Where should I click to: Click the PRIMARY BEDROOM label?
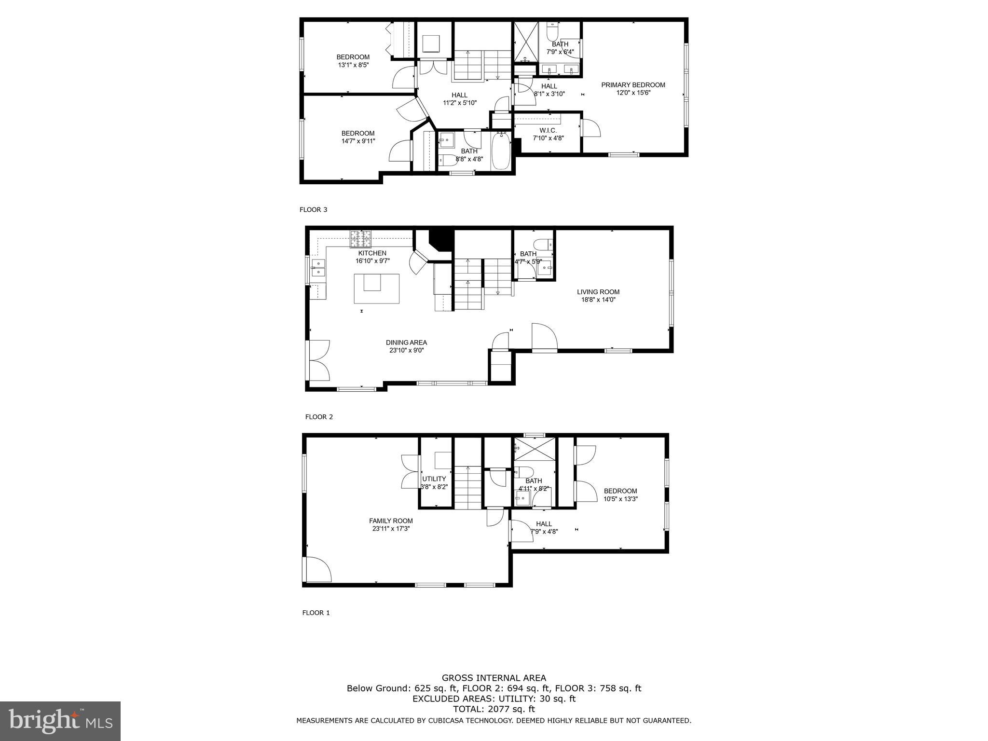pos(633,85)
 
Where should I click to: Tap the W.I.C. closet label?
pos(548,130)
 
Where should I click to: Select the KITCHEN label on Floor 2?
pos(372,253)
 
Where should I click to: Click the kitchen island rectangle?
pos(376,288)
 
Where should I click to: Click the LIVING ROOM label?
pos(598,291)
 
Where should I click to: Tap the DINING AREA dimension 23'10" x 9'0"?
pos(406,351)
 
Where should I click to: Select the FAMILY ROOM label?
pos(391,521)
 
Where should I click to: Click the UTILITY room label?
pos(434,479)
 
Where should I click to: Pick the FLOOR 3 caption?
pos(313,209)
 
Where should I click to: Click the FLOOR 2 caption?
pos(319,417)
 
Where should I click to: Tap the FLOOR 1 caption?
pos(316,613)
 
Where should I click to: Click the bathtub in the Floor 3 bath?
pos(500,151)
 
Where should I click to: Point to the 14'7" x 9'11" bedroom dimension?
pos(358,141)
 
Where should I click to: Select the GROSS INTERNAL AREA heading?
pos(494,678)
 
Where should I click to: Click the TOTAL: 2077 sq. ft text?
pos(494,709)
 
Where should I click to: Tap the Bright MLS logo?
pos(60,721)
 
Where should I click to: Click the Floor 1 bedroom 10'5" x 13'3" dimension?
pos(620,499)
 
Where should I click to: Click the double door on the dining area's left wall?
pos(318,360)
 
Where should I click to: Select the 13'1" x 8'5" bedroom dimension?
pos(353,65)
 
